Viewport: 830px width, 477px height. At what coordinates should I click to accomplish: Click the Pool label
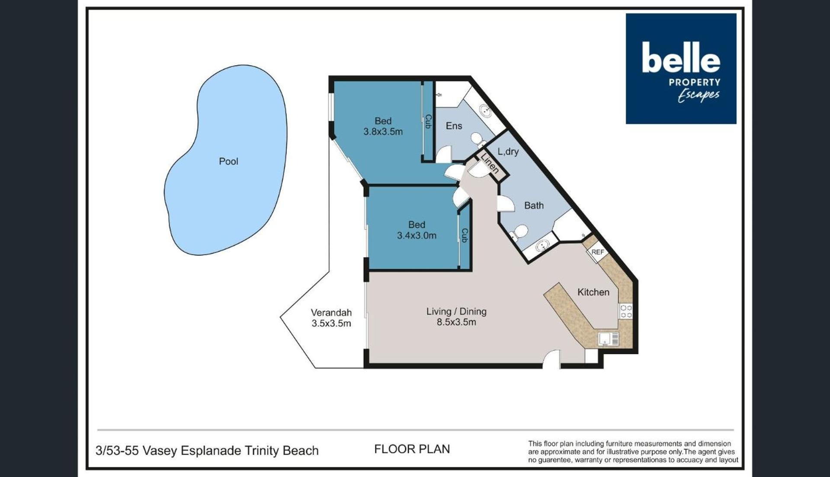(228, 161)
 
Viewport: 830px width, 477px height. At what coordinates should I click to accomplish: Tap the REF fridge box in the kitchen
(597, 253)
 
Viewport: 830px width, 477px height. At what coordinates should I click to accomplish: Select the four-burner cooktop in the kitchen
(626, 311)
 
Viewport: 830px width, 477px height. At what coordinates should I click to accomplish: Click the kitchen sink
(609, 339)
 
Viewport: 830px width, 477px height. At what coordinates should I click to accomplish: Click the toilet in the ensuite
(478, 139)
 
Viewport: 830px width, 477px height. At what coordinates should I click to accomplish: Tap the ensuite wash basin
(486, 110)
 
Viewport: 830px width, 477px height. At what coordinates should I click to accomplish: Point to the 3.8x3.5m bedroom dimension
(383, 132)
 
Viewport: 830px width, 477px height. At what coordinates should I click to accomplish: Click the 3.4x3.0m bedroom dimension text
(417, 236)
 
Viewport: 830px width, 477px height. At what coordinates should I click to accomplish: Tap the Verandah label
(331, 312)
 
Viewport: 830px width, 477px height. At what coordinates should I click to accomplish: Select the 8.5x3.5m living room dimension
(456, 322)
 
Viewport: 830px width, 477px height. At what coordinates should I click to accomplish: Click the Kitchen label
(593, 292)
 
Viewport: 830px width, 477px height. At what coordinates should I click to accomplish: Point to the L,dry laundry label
(508, 152)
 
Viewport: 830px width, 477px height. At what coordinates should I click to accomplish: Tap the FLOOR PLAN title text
(412, 449)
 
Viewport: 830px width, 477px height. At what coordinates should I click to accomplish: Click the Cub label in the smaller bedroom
(465, 235)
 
